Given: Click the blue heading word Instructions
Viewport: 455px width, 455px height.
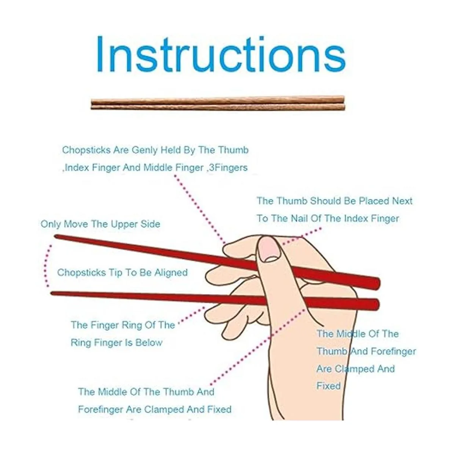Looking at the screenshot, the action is [221, 55].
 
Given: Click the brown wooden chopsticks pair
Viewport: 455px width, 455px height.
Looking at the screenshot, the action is [218, 103].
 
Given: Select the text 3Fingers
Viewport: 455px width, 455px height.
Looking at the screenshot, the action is [228, 168].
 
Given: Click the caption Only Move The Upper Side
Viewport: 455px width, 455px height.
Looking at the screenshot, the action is [100, 224].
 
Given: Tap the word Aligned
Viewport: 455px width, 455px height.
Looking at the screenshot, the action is [171, 273].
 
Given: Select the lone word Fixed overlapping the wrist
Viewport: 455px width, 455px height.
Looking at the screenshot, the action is [328, 386].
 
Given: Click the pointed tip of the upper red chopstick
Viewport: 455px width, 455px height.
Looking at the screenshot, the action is [55, 236].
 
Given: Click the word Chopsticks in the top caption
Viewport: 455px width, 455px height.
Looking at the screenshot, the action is [86, 150].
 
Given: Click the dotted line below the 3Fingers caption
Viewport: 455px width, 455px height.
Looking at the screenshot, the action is [200, 209].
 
